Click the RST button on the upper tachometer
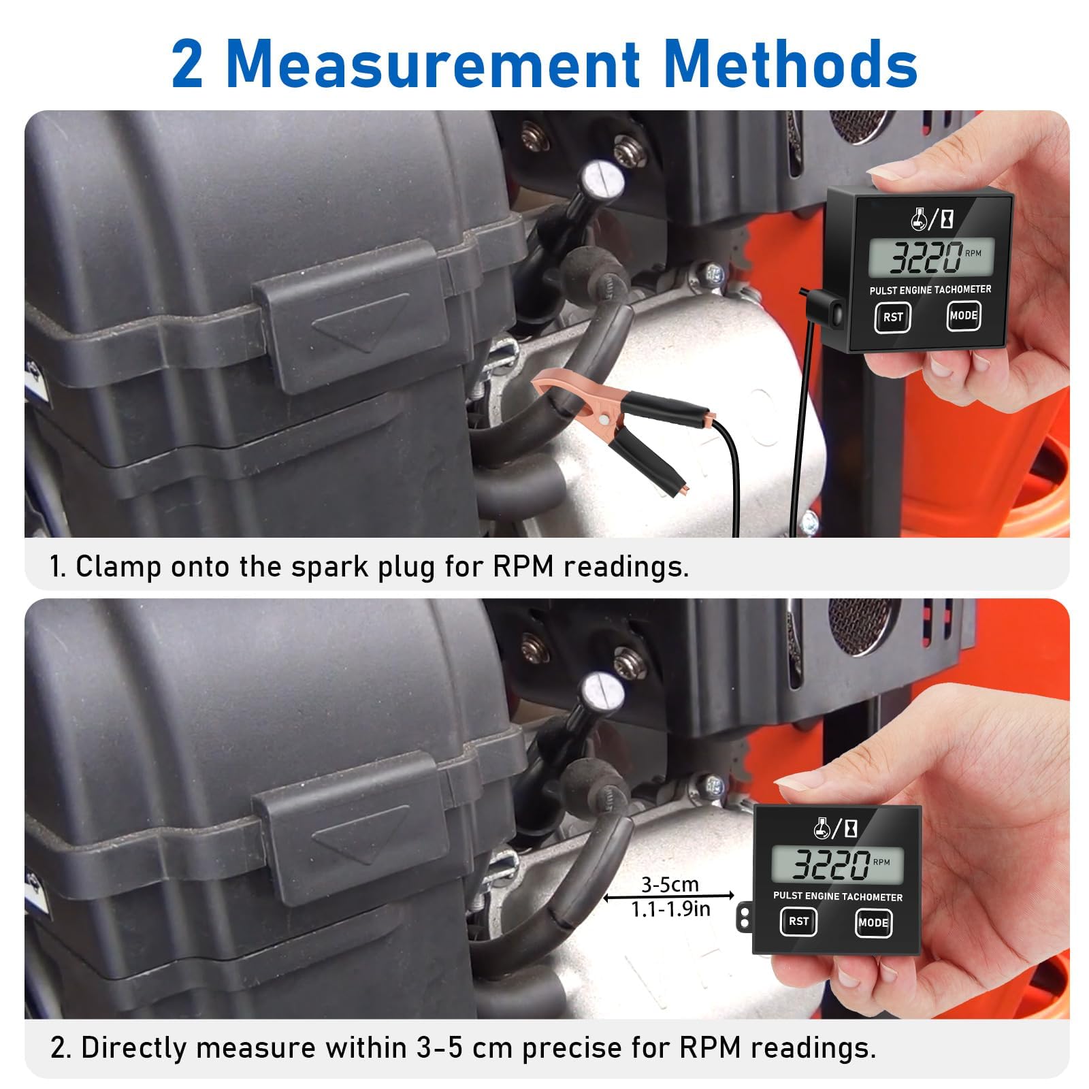pos(892,317)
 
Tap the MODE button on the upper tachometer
pos(964,315)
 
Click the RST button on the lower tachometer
pos(798,922)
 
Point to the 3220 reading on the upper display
pos(926,257)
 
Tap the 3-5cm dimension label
pos(670,884)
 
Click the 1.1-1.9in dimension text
pos(670,909)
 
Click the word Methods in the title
pos(790,65)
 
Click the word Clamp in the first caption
pos(118,566)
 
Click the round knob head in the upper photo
pos(602,179)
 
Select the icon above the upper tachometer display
pos(931,219)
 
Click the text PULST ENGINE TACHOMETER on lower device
pos(837,896)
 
